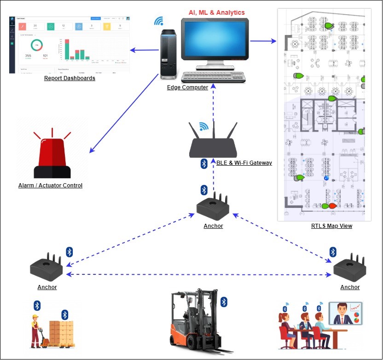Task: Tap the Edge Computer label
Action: coord(187,87)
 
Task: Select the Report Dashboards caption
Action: coord(70,78)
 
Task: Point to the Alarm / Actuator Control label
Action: coord(50,186)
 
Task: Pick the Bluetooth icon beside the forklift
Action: coord(224,302)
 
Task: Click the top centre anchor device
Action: coord(213,209)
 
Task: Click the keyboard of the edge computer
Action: coord(213,77)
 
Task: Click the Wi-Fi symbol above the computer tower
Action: coord(159,21)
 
